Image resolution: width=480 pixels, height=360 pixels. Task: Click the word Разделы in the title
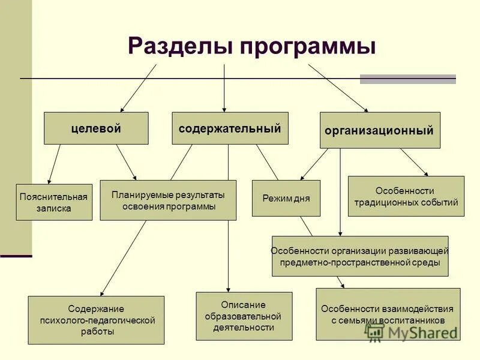(x=180, y=47)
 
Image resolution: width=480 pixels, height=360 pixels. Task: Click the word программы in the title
(x=309, y=47)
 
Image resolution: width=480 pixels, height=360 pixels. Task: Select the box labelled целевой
(x=96, y=128)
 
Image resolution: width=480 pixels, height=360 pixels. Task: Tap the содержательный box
(x=230, y=128)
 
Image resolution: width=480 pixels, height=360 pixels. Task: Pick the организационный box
(x=380, y=130)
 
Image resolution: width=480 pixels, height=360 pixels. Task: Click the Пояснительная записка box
(x=54, y=202)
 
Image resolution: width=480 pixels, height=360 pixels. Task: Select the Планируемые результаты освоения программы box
(x=168, y=200)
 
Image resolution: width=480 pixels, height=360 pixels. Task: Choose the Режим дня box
(x=286, y=198)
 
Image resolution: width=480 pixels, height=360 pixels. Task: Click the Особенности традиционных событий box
(x=406, y=196)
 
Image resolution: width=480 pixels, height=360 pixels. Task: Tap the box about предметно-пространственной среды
(x=360, y=256)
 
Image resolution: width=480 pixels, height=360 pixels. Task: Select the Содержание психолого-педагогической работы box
(x=96, y=320)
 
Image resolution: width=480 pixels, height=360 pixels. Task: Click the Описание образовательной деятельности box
(x=244, y=316)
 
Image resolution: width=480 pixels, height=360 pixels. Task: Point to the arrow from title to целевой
(x=138, y=88)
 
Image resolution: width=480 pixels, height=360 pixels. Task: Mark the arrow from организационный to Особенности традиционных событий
(x=414, y=162)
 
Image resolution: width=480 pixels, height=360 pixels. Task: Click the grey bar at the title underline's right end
(x=408, y=79)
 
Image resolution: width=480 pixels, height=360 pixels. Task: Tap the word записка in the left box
(x=54, y=209)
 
